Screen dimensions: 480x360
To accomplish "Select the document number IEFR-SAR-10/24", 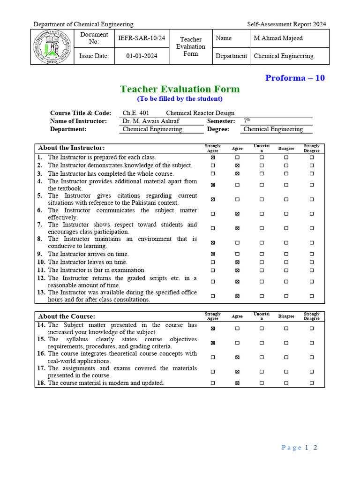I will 142,38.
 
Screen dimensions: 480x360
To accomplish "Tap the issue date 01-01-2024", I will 142,56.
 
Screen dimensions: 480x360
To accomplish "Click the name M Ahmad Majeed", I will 278,38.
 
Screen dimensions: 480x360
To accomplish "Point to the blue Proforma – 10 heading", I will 295,78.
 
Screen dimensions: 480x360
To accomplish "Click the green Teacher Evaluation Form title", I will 180,89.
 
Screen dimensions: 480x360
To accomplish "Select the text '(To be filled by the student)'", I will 180,99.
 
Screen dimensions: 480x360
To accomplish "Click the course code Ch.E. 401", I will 136,113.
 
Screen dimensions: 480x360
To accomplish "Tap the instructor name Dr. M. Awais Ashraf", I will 150,121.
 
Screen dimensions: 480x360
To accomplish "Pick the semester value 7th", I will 247,121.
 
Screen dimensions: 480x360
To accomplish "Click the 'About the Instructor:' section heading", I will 71,148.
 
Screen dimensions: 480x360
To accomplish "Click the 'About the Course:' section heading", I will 67,316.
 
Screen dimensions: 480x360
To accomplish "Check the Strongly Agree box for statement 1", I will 213,157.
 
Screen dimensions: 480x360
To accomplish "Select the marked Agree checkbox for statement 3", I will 237,173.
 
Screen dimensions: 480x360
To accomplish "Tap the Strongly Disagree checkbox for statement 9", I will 312,254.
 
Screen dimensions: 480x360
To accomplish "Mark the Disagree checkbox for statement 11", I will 286,270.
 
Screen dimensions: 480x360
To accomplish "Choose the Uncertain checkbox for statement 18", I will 262,383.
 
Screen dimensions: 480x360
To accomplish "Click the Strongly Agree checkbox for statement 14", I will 213,329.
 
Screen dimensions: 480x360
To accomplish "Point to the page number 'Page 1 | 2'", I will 300,448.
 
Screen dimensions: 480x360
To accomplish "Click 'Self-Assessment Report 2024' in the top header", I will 286,24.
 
